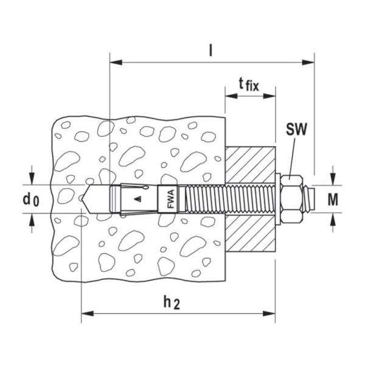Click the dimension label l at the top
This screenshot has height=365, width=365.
click(x=210, y=51)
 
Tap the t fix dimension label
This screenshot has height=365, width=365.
click(x=248, y=85)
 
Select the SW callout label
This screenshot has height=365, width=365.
click(x=297, y=130)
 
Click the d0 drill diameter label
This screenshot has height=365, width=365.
click(x=30, y=199)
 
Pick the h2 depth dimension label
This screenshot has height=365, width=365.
click(x=176, y=302)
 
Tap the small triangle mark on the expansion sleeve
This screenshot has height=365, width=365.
click(x=139, y=198)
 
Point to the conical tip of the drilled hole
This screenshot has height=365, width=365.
click(x=89, y=198)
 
